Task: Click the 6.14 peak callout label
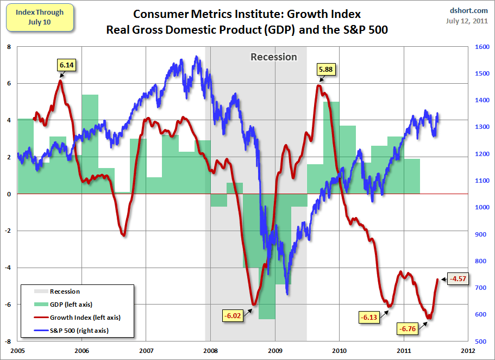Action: tap(66, 65)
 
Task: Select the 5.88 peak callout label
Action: tap(326, 70)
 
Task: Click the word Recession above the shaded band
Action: tap(273, 57)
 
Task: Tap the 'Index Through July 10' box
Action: tap(40, 16)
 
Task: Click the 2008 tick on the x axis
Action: tap(210, 350)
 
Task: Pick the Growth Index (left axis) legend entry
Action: tap(85, 317)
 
